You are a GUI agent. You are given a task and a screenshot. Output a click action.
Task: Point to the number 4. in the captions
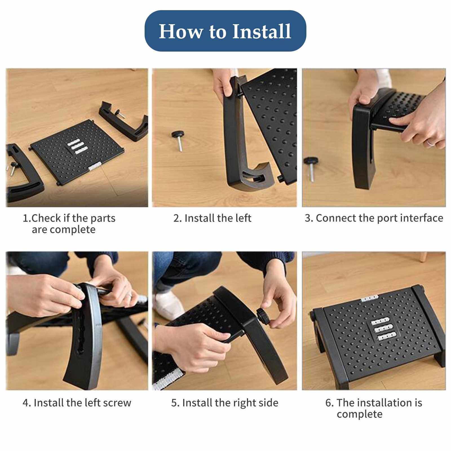point(27,403)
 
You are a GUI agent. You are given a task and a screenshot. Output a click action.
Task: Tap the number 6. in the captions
point(330,403)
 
